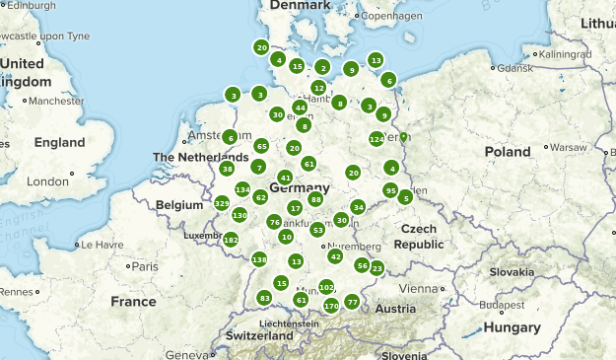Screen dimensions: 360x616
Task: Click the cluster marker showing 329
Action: (222, 203)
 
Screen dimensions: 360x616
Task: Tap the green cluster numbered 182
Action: (231, 240)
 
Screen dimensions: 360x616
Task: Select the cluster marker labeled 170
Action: (331, 306)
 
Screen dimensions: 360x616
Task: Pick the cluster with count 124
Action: (376, 139)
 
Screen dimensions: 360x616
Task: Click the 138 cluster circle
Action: (259, 259)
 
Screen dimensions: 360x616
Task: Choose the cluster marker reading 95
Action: (390, 190)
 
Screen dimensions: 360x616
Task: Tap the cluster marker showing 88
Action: (315, 199)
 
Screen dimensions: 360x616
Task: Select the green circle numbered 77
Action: (352, 302)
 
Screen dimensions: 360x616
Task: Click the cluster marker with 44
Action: (300, 108)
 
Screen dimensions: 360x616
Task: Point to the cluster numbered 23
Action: (376, 268)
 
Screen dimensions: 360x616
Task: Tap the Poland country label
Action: (507, 152)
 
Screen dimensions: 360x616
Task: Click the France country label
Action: (133, 301)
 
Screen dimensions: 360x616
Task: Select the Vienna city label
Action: (417, 288)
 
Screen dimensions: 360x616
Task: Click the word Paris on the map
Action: (145, 266)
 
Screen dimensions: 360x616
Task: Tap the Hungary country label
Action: (512, 327)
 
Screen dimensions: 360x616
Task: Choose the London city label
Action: (47, 181)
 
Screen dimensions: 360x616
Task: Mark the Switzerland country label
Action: (259, 335)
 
